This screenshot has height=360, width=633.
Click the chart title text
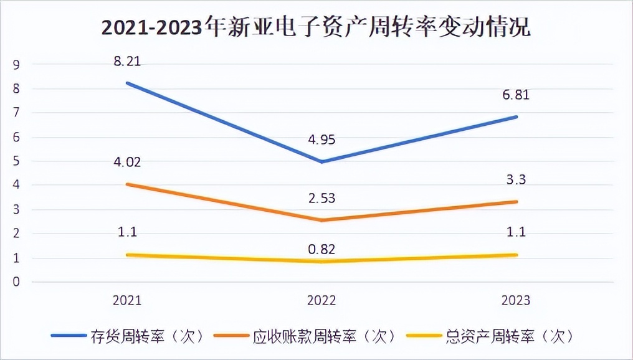pyautogui.click(x=316, y=28)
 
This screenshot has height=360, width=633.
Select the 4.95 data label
pyautogui.click(x=321, y=140)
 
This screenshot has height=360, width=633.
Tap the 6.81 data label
pyautogui.click(x=516, y=96)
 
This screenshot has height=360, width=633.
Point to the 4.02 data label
pyautogui.click(x=126, y=163)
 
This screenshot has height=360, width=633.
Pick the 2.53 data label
pyautogui.click(x=321, y=199)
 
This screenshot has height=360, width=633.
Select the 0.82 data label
pyautogui.click(x=321, y=249)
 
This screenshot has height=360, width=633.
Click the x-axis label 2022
pyautogui.click(x=321, y=300)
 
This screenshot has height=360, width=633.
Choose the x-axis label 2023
pyautogui.click(x=516, y=300)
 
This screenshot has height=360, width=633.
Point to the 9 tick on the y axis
pyautogui.click(x=17, y=65)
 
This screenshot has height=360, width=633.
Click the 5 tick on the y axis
pyautogui.click(x=17, y=161)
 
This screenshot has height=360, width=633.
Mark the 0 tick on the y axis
pyautogui.click(x=17, y=282)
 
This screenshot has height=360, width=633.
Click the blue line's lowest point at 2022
pyautogui.click(x=321, y=162)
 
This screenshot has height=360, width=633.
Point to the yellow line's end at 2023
pyautogui.click(x=516, y=255)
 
